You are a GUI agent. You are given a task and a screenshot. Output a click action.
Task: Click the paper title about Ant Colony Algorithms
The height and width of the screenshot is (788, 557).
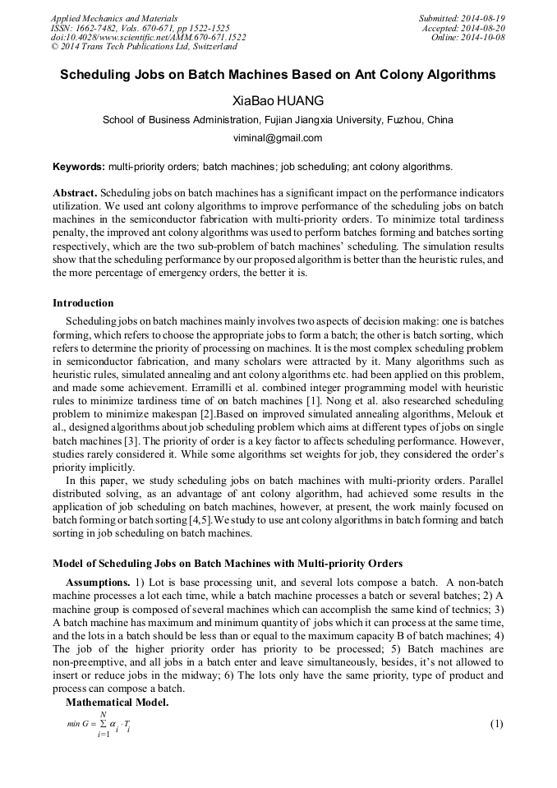(278, 75)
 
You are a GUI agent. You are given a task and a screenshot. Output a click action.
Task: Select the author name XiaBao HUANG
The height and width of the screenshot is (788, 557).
(278, 100)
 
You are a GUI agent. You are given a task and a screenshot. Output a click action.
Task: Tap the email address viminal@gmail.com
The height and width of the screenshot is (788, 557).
(278, 138)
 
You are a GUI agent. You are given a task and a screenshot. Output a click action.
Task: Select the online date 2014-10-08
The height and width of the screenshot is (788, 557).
(484, 38)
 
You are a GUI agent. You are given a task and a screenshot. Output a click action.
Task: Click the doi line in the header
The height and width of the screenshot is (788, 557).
(148, 38)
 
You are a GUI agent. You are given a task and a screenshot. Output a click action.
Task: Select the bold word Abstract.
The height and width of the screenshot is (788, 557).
(75, 192)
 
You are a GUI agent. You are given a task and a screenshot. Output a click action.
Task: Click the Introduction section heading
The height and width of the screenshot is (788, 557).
(83, 303)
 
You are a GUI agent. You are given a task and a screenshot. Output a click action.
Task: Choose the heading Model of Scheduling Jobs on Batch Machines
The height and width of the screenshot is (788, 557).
(228, 564)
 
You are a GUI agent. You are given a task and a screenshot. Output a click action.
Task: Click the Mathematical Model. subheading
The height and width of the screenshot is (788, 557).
(117, 703)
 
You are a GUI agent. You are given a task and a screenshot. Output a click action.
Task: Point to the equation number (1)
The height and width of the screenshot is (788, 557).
(495, 724)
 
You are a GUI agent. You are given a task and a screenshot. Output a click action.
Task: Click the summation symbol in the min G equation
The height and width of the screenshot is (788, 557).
(103, 724)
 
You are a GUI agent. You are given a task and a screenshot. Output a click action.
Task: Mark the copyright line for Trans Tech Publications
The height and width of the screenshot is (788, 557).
(144, 48)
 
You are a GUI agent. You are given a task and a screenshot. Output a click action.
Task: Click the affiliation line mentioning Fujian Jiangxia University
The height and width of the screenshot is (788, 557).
(278, 120)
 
